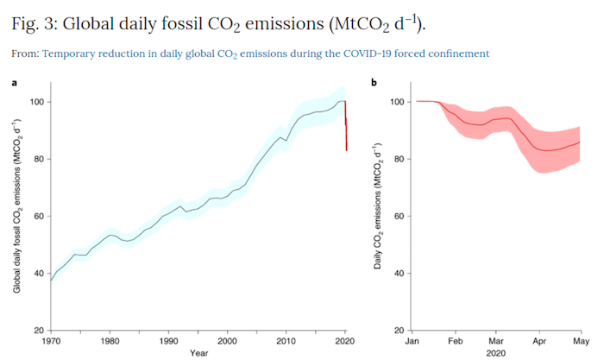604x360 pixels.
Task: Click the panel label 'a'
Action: point(14,83)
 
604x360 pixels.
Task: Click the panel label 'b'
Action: point(373,83)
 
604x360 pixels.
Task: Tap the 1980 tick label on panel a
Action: point(110,341)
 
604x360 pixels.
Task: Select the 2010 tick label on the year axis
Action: point(286,341)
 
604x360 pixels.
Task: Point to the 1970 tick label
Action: point(51,341)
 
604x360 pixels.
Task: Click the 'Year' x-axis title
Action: point(198,353)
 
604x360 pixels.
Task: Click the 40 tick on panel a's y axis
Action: point(40,274)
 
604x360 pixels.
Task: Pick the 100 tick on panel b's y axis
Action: point(398,102)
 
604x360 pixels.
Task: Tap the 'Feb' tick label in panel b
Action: point(455,341)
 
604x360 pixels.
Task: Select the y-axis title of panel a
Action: point(17,207)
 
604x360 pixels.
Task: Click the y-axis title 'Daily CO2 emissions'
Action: point(377,207)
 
